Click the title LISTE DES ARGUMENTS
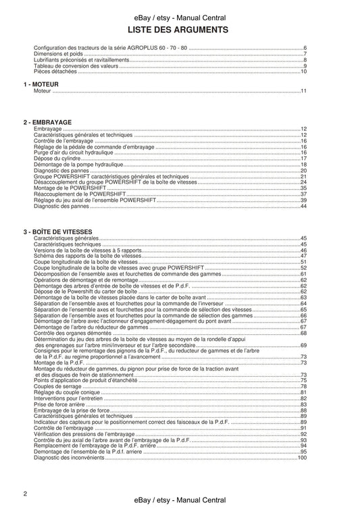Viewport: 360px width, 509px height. (179, 30)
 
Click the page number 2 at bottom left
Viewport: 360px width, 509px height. (25, 494)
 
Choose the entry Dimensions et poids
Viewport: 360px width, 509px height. (59, 54)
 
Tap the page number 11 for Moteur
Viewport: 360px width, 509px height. (305, 91)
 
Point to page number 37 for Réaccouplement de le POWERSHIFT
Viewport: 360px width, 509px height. (304, 194)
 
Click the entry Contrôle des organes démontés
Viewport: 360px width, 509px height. (74, 333)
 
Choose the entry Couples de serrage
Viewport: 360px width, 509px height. (57, 386)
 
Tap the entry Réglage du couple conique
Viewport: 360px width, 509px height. (65, 392)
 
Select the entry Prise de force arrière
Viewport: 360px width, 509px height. (61, 404)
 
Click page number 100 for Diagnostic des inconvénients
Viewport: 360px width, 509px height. (303, 458)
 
